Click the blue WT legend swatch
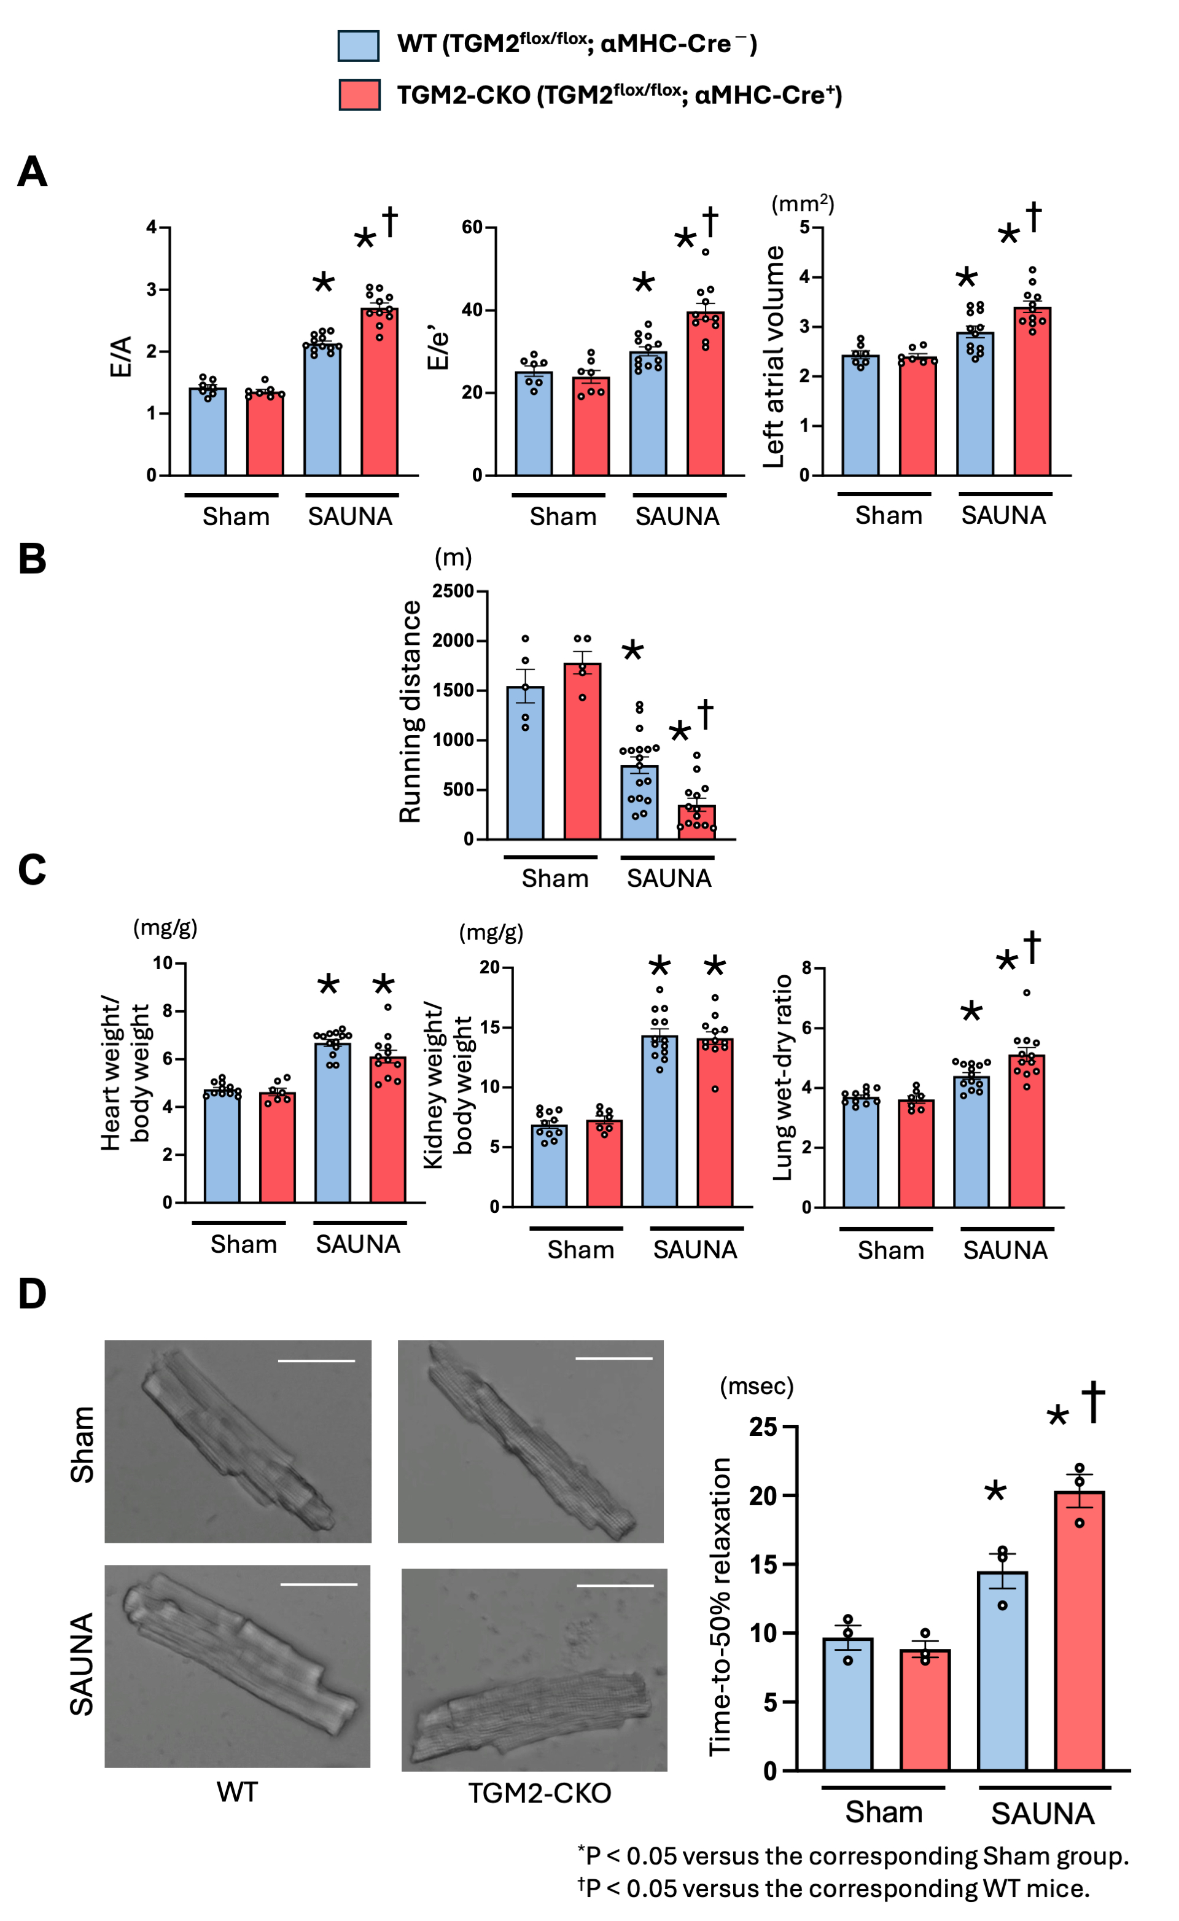[358, 45]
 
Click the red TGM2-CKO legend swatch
[359, 95]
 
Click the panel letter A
[32, 171]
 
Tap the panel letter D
[32, 1293]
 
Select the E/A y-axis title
[121, 357]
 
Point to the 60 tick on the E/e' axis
[473, 228]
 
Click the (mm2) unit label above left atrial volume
[803, 205]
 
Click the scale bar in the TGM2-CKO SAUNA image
[615, 1585]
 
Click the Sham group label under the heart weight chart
[243, 1244]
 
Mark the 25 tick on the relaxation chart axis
[763, 1427]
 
